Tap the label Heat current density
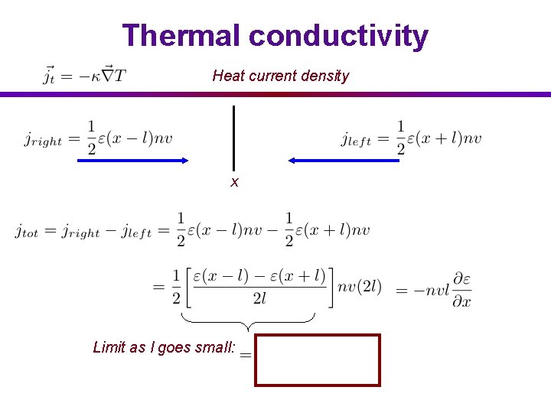pos(280,76)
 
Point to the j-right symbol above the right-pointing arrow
pos(43,139)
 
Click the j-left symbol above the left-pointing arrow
pos(356,139)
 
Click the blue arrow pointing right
pos(133,160)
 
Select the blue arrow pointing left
pos(342,160)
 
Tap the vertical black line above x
pos(233,138)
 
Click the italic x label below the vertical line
pos(235,182)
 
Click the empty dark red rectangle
pos(318,359)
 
